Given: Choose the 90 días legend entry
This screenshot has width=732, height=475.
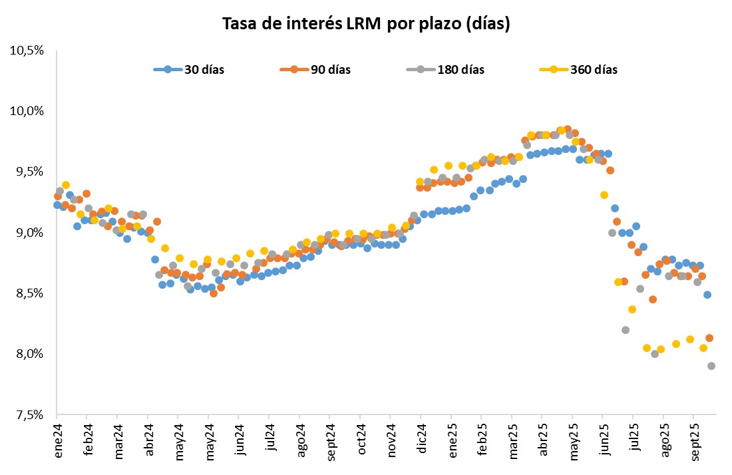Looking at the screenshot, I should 330,70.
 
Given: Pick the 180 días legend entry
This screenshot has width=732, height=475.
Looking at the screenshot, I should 460,70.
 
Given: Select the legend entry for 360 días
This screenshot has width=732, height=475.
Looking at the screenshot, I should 594,70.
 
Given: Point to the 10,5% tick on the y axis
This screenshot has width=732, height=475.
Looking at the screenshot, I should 27,51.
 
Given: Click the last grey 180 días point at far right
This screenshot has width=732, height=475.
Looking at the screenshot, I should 711,366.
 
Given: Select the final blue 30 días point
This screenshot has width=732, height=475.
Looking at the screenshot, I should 707,295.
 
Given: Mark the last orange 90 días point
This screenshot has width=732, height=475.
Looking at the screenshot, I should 709,338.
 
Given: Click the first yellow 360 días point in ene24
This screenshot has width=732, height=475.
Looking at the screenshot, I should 66,185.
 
